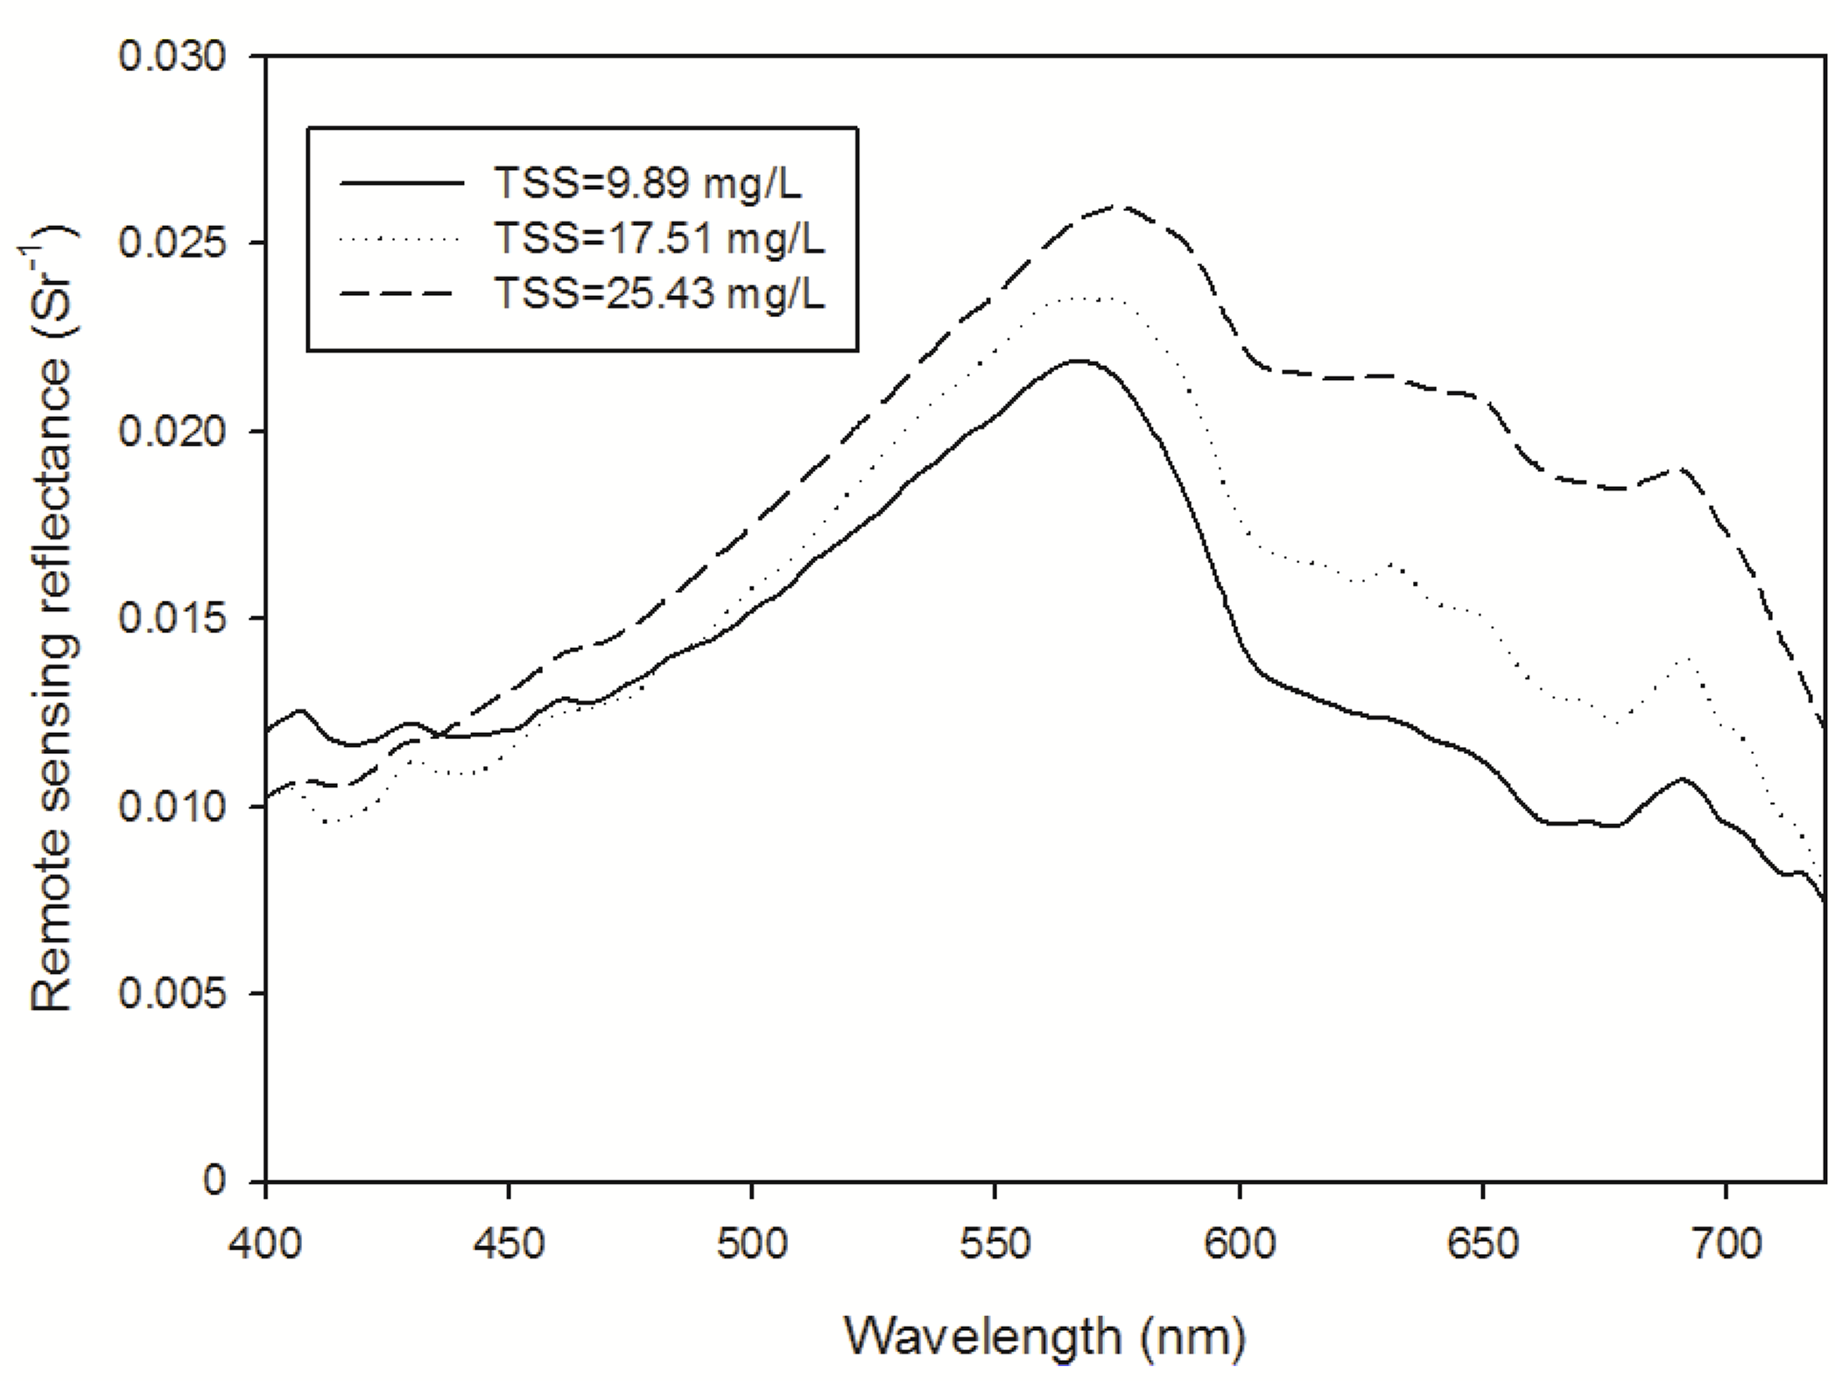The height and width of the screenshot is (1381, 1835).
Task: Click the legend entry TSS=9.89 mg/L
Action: (647, 183)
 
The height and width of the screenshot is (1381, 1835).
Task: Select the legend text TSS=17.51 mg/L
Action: (658, 238)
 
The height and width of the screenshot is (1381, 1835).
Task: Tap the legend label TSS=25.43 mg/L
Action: (658, 293)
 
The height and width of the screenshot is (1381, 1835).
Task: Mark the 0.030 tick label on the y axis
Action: (160, 57)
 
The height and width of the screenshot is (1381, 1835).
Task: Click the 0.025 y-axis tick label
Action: (160, 244)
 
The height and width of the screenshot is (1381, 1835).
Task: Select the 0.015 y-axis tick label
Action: (160, 619)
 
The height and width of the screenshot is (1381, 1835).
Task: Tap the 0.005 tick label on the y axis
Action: (160, 994)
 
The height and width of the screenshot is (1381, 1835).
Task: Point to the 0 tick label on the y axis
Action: (214, 1181)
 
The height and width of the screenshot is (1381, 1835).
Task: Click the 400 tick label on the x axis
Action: (264, 1243)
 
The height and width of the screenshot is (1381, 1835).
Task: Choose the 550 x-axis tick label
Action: (995, 1243)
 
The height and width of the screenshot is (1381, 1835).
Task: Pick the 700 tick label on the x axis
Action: (1725, 1243)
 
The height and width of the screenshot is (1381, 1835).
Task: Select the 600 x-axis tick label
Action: (1239, 1243)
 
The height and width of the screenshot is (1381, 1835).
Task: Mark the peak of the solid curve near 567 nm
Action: (1079, 361)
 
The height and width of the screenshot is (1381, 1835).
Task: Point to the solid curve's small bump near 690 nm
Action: (1681, 779)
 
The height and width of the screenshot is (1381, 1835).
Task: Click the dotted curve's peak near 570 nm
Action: (1094, 299)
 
